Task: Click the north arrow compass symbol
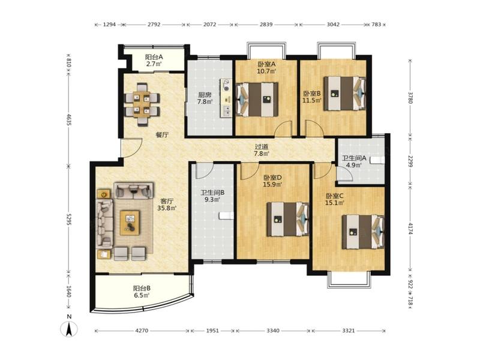tap(70, 329)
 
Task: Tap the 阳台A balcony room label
tap(154, 57)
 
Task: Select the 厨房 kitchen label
tap(204, 95)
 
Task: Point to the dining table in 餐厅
tap(142, 104)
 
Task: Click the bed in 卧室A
tap(257, 100)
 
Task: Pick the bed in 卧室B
tap(344, 94)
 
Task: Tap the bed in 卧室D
tap(288, 219)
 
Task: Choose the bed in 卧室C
tap(363, 232)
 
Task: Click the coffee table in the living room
tap(130, 223)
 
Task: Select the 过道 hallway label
tap(262, 147)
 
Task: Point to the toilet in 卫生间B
tap(227, 216)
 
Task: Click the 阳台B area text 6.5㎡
tap(142, 295)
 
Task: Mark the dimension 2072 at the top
tap(210, 25)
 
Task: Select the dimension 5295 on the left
tap(68, 219)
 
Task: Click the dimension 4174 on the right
tap(411, 229)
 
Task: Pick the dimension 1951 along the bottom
tap(212, 331)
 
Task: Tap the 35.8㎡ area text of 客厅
tap(167, 208)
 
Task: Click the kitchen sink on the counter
tap(227, 111)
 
